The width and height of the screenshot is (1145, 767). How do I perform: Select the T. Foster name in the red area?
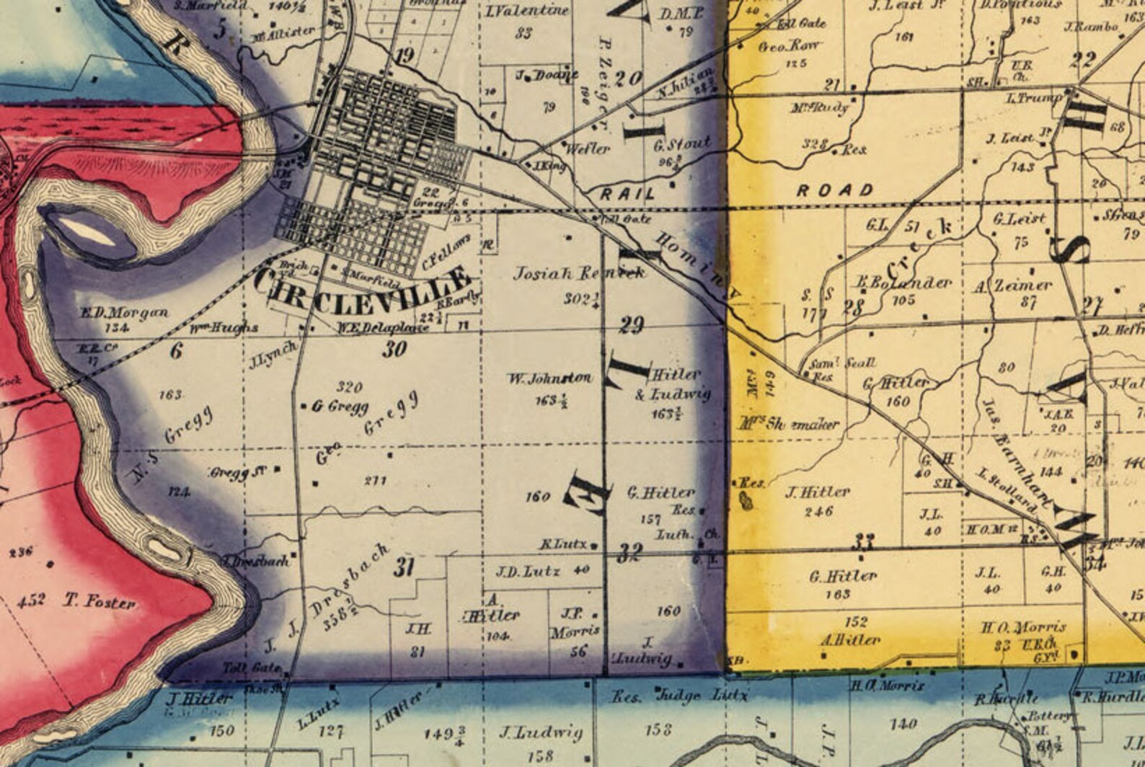coord(99,601)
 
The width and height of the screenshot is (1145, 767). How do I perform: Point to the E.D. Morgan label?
coord(123,313)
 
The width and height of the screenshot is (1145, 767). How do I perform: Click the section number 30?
coord(394,350)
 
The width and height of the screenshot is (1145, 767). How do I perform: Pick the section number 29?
coord(632,325)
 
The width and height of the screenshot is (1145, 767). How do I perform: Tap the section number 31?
coord(404,567)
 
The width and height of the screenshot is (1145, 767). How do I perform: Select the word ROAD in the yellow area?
coord(835,191)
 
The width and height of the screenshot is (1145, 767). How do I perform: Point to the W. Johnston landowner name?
coord(549,378)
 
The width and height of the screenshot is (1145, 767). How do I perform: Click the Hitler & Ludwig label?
coord(672,384)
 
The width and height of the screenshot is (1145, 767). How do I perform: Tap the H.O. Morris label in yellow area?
coord(1023,627)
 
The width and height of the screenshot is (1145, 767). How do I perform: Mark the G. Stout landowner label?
coord(681,144)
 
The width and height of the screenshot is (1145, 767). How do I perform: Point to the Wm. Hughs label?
coord(224,328)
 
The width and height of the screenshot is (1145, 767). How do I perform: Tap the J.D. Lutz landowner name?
coord(528,572)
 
